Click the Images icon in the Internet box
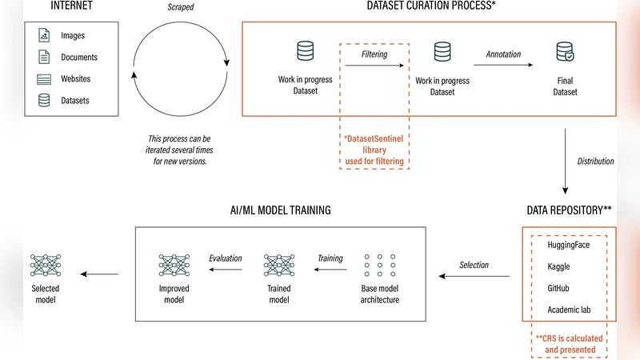tap(44, 36)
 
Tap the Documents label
tap(79, 58)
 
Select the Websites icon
tap(44, 79)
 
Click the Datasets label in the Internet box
tap(75, 101)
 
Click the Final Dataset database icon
tap(566, 53)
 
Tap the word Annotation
tap(503, 54)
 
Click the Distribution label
tap(595, 162)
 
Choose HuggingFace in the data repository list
tap(568, 246)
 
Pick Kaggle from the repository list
tap(559, 266)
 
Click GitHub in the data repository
tap(558, 288)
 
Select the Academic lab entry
tap(569, 310)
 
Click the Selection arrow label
tap(474, 265)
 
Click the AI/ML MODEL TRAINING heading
tap(275, 210)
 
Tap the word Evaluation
tap(225, 258)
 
